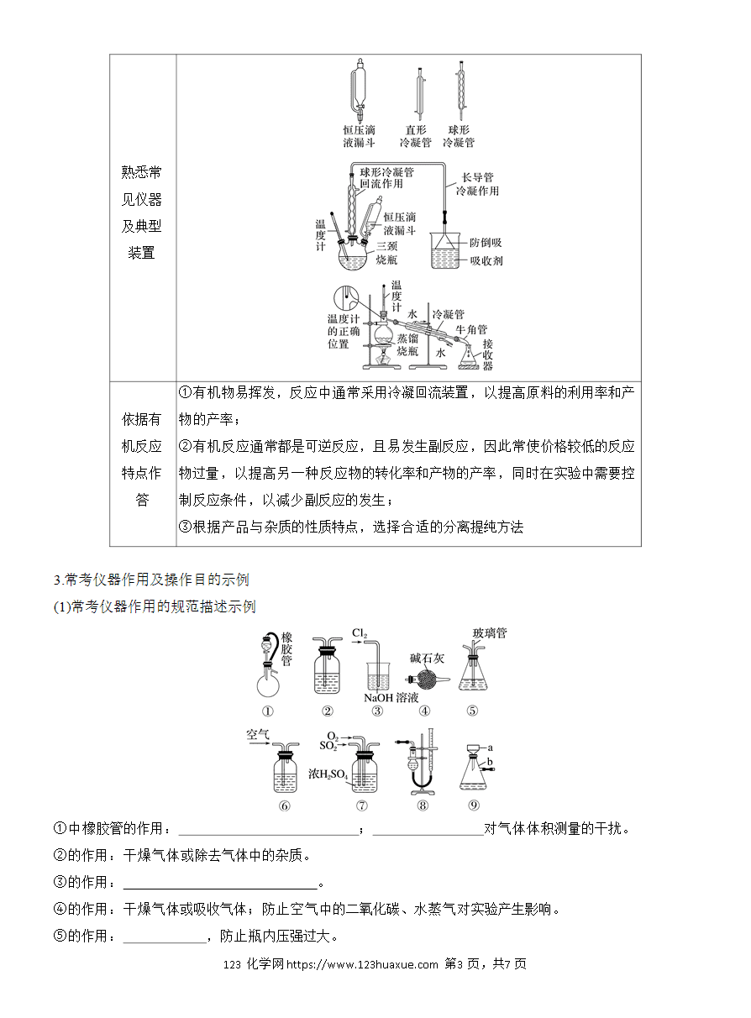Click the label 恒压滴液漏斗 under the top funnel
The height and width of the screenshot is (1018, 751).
pyautogui.click(x=360, y=136)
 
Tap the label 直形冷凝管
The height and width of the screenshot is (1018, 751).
pyautogui.click(x=416, y=136)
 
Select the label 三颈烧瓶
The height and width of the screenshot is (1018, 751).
pyautogui.click(x=387, y=253)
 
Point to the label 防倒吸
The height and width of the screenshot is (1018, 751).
pyautogui.click(x=486, y=243)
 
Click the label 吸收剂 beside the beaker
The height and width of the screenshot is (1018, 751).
pyautogui.click(x=486, y=261)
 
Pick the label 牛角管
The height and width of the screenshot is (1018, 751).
pyautogui.click(x=471, y=329)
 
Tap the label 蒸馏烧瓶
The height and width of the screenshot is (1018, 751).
pyautogui.click(x=407, y=344)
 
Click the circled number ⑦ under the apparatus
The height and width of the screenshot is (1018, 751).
pyautogui.click(x=361, y=805)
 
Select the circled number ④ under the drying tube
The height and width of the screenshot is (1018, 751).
pyautogui.click(x=424, y=711)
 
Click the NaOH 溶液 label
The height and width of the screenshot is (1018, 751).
pyautogui.click(x=391, y=698)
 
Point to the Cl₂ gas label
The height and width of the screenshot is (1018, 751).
pyautogui.click(x=360, y=633)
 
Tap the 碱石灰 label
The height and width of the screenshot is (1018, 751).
pyautogui.click(x=427, y=658)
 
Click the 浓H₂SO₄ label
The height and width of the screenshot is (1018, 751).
pyautogui.click(x=328, y=774)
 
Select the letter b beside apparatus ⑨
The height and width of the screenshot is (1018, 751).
pyautogui.click(x=490, y=762)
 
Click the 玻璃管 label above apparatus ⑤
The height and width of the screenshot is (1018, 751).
pyautogui.click(x=490, y=632)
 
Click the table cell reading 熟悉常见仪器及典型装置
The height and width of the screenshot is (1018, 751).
pyautogui.click(x=141, y=213)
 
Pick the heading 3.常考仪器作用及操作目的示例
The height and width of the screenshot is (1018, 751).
pyautogui.click(x=151, y=580)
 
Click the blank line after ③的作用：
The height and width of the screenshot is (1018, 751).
pyautogui.click(x=220, y=888)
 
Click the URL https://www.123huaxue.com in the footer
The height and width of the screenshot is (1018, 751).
pyautogui.click(x=362, y=963)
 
